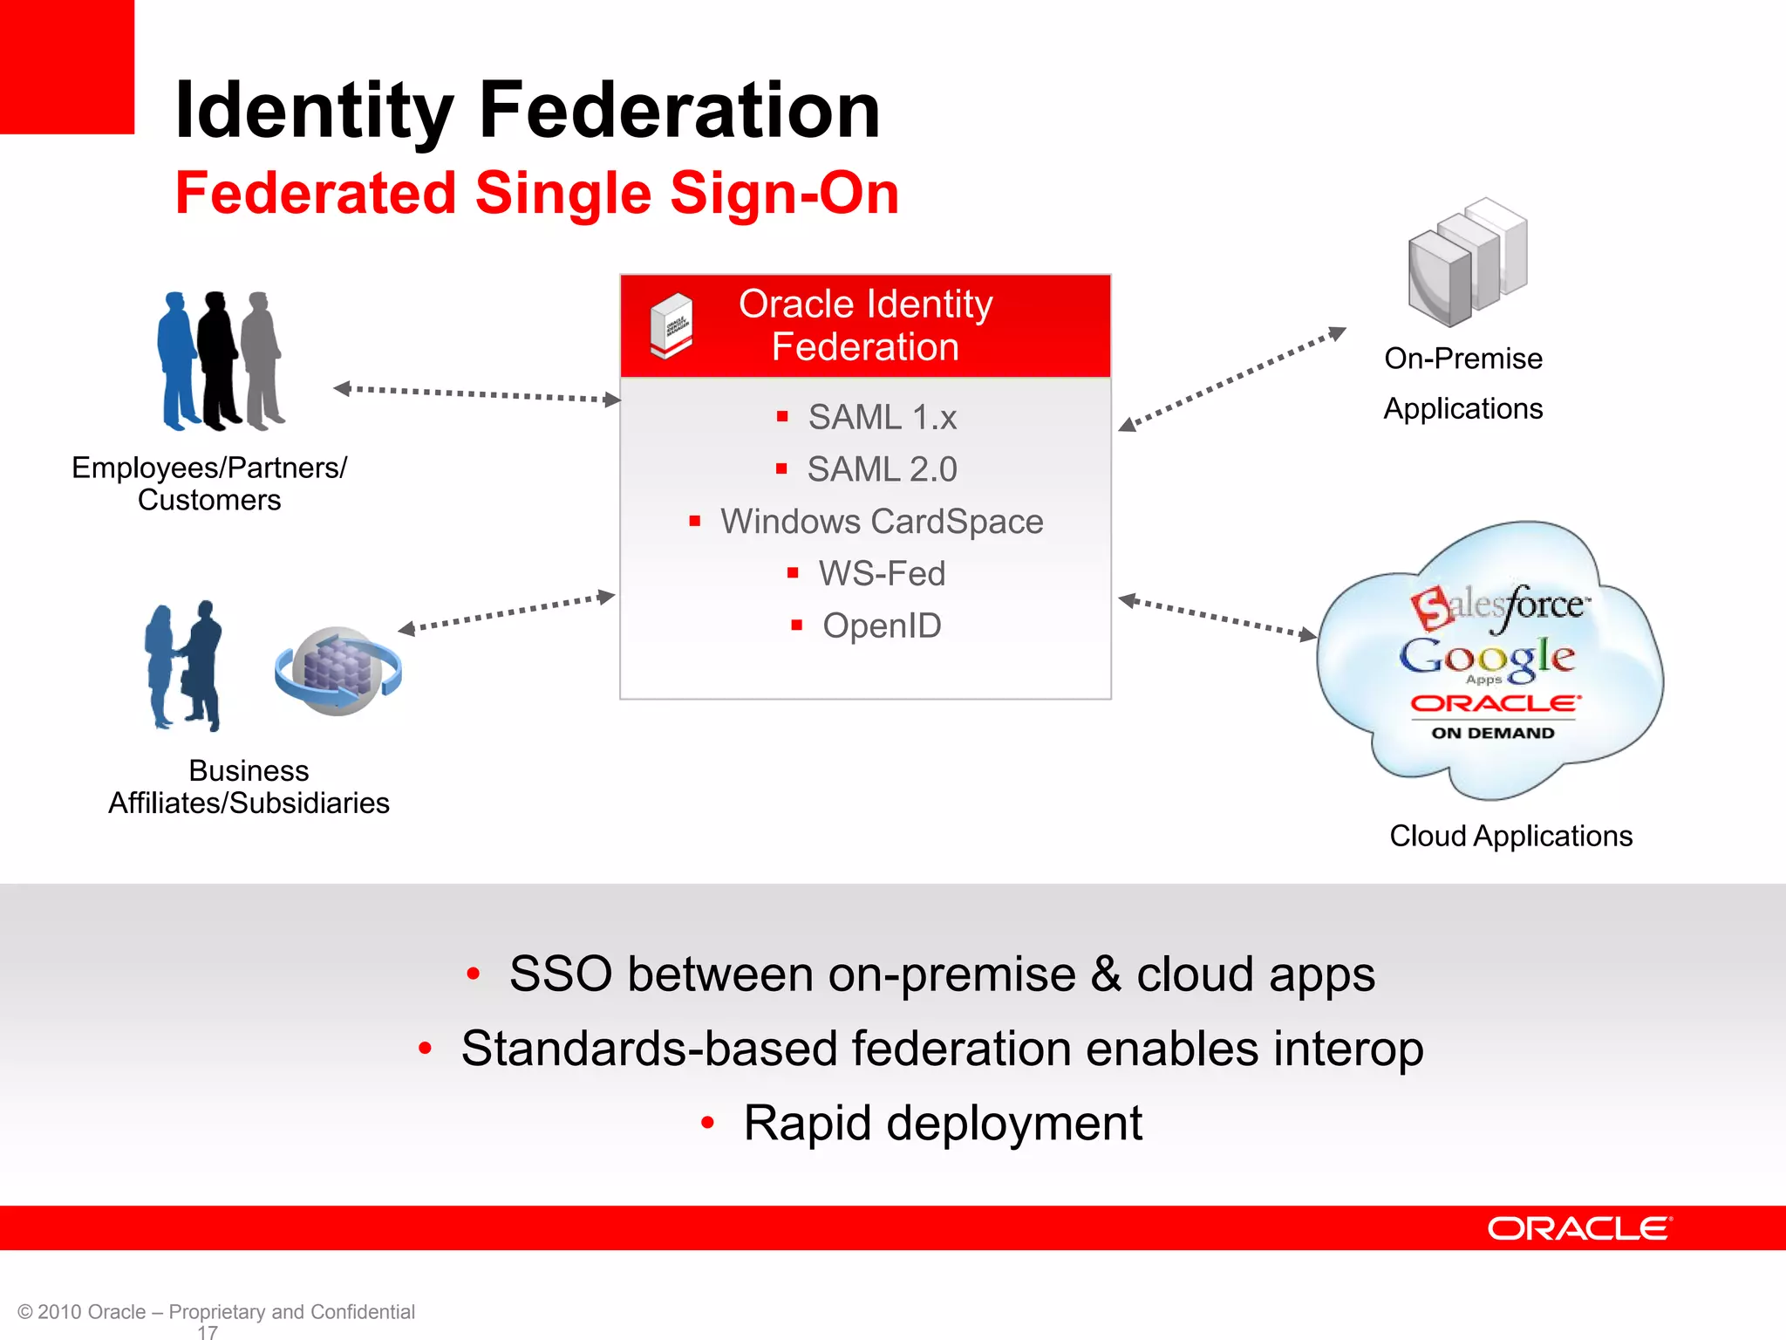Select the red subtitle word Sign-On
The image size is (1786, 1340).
(x=784, y=193)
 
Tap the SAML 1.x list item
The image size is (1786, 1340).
(x=882, y=417)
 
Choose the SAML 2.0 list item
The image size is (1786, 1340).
(x=882, y=469)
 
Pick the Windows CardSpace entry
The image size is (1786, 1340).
(x=881, y=522)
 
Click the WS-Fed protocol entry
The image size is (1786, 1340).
(x=882, y=574)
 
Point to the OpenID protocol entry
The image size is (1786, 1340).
(x=882, y=626)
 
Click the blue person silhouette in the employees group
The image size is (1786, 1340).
(x=178, y=361)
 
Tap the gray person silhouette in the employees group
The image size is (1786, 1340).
(x=262, y=361)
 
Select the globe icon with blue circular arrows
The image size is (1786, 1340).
(x=338, y=671)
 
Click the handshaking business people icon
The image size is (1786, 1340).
(x=184, y=667)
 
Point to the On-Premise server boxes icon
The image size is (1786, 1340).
(x=1467, y=263)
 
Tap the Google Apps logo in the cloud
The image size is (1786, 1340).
(x=1487, y=659)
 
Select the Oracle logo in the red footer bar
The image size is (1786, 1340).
(x=1578, y=1228)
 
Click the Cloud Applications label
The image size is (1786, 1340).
(x=1510, y=836)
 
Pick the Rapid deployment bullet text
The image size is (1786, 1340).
(x=942, y=1123)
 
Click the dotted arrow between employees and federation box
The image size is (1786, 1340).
(x=477, y=394)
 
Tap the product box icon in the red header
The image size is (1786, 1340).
(x=671, y=325)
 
